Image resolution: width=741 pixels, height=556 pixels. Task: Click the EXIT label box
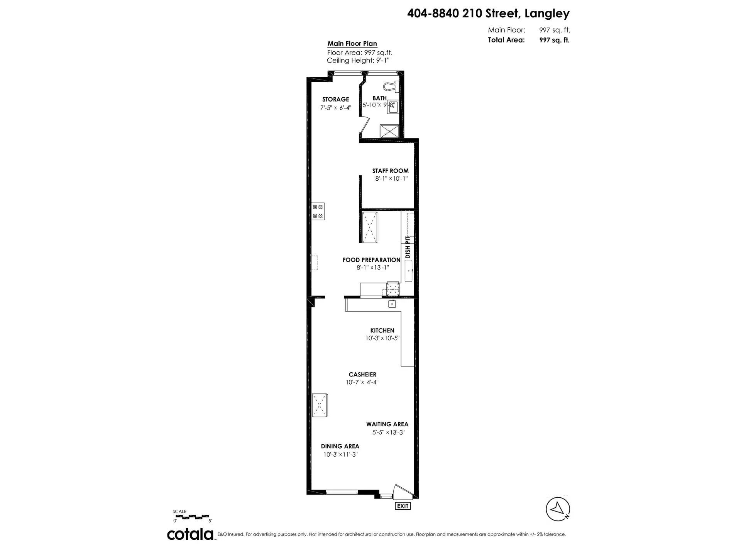(x=403, y=506)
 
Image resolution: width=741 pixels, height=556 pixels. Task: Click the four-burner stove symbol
(x=318, y=211)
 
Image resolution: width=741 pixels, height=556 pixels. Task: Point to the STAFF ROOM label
(x=390, y=171)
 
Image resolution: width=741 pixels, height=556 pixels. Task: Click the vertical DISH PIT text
(x=408, y=247)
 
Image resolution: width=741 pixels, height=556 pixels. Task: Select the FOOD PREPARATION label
(x=371, y=260)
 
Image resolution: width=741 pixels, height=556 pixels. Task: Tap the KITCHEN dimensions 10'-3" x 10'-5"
(x=382, y=338)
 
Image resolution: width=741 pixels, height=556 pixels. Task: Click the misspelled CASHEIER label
(x=362, y=375)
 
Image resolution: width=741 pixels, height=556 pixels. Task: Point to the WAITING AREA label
(x=387, y=424)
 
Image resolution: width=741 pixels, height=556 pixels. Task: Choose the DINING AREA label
(x=340, y=446)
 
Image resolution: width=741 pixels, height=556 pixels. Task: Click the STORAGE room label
(x=335, y=99)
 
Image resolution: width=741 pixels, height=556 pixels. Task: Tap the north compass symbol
(x=558, y=509)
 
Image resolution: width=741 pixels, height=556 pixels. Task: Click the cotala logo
(x=190, y=534)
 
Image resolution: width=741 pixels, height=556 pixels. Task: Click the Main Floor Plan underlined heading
(x=352, y=44)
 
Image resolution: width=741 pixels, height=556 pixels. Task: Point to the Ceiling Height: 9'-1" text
(x=358, y=61)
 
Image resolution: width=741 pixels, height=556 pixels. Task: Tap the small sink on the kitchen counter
(x=392, y=304)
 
